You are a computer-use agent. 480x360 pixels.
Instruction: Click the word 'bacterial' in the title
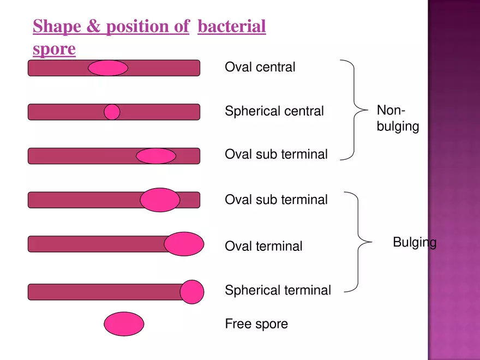point(232,26)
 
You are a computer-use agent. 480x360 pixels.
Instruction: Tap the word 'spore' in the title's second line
point(54,49)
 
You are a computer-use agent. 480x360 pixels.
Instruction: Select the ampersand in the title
point(93,26)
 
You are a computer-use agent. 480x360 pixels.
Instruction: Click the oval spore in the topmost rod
point(108,68)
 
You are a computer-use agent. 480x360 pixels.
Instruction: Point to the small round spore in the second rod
point(112,112)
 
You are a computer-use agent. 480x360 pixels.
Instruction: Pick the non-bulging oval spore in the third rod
point(156,156)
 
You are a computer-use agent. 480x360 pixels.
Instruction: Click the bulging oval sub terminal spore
point(160,200)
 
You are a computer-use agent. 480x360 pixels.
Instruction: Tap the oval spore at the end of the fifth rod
point(184,244)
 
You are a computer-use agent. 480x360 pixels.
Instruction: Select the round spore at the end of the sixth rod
point(192,292)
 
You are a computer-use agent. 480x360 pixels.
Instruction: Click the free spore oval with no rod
point(124,324)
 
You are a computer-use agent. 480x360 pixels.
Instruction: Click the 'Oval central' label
point(260,67)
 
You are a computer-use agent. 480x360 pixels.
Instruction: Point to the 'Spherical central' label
point(274,111)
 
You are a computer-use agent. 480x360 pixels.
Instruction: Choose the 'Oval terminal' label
point(263,246)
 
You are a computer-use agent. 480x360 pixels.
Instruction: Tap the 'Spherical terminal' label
point(278,290)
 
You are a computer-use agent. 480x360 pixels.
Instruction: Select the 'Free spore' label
point(256,324)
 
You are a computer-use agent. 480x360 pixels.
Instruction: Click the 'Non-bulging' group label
point(398,118)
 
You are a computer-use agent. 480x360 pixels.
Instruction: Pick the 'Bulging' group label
point(415,242)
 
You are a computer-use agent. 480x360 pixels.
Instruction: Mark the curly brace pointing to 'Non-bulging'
point(354,110)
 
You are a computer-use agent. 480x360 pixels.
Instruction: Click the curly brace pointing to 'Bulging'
point(358,242)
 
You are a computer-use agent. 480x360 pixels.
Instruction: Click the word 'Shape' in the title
point(57,27)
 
